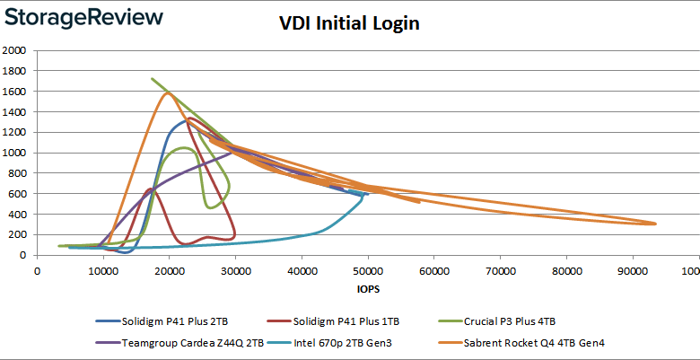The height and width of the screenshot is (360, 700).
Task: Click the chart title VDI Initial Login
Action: click(x=349, y=24)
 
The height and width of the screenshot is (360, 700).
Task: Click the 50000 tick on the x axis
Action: click(x=368, y=269)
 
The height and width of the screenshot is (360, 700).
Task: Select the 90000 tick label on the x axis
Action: click(x=633, y=269)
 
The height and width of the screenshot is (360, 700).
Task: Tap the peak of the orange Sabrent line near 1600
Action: click(x=168, y=92)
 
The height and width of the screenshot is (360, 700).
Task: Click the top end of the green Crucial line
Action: click(x=152, y=79)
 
